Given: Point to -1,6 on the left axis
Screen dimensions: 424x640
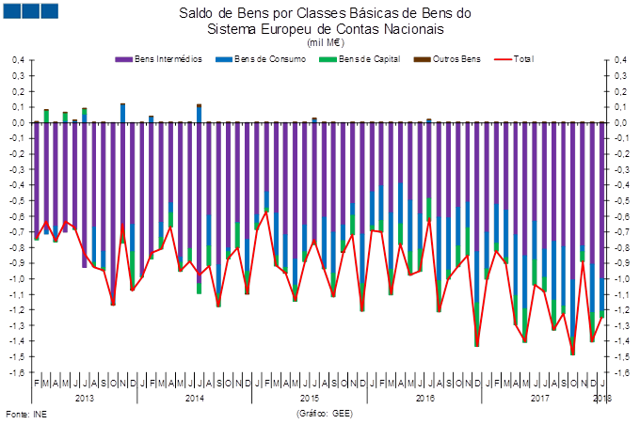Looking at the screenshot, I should pos(16,372).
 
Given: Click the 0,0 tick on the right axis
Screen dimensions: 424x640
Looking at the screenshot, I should pos(620,122).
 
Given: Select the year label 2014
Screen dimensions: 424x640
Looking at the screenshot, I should pos(195,399).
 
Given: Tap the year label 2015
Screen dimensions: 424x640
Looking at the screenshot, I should pos(310,399).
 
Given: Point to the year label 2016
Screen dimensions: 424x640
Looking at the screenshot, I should pos(424,399).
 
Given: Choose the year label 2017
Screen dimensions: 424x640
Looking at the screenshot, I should pos(539,399).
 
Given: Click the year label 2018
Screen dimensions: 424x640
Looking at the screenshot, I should pos(602,399).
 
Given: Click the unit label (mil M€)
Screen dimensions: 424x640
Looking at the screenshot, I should pos(325,42).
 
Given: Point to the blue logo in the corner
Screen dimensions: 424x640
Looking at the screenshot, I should pos(30,11).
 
